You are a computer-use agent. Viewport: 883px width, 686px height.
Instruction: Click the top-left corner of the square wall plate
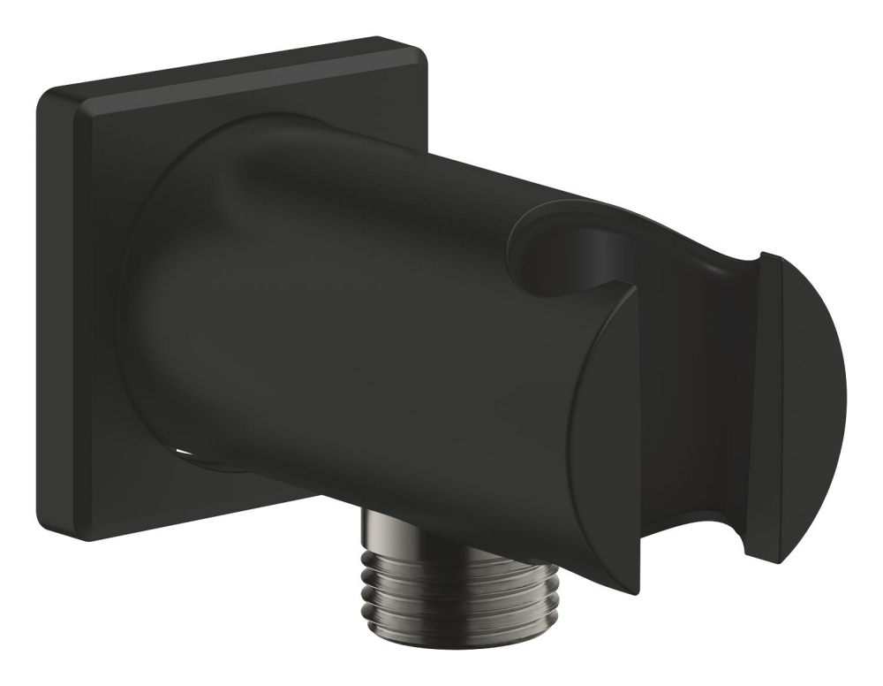pyautogui.click(x=44, y=94)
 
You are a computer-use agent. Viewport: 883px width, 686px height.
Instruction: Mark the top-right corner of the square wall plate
pyautogui.click(x=422, y=42)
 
